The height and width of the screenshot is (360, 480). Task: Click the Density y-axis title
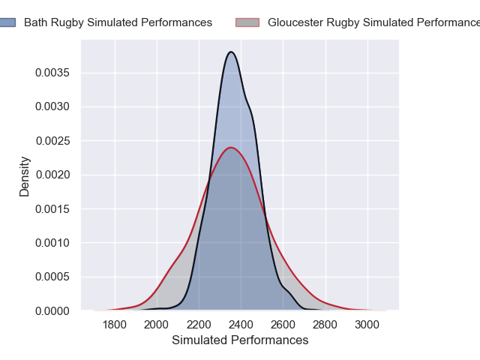click(x=25, y=176)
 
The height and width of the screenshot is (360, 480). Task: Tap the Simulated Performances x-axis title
click(x=240, y=340)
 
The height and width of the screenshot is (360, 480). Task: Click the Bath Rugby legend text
click(x=118, y=22)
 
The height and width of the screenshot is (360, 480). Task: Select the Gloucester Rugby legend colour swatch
click(x=247, y=22)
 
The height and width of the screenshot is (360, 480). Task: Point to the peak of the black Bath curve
click(x=232, y=52)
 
